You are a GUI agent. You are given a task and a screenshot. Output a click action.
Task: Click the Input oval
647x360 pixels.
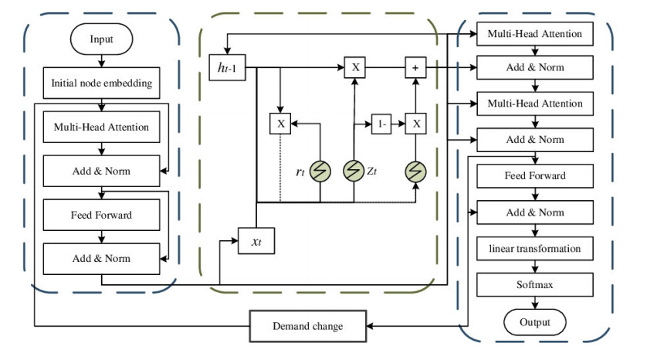[100, 38]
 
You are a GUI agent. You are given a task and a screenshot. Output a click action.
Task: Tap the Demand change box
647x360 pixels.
[308, 327]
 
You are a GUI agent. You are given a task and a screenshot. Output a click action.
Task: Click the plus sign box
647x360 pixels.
[417, 68]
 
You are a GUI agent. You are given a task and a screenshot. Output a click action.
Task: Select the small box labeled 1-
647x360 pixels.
[381, 124]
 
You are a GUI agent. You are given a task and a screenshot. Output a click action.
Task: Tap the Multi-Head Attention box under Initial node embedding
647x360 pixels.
[101, 127]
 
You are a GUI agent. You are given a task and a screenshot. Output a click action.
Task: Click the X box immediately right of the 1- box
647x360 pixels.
[417, 124]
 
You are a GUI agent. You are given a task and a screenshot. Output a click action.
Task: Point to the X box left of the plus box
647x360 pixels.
[355, 68]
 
